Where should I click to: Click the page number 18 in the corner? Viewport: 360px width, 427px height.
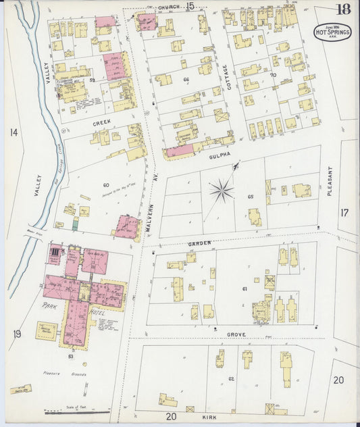coord(344,9)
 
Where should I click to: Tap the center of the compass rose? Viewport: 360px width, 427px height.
coord(222,191)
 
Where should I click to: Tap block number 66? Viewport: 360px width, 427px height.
coord(186,80)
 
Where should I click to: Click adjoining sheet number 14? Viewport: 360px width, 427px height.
coord(14,132)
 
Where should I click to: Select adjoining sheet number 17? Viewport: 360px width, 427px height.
coord(345,214)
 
